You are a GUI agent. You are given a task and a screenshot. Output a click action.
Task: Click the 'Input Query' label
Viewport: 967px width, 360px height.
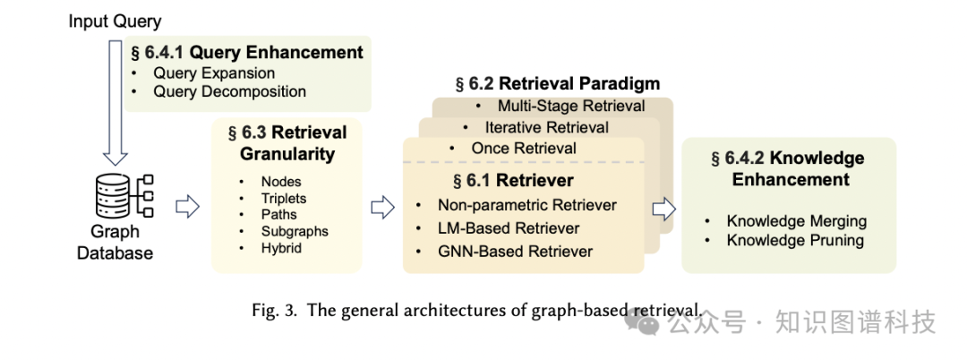pyautogui.click(x=116, y=20)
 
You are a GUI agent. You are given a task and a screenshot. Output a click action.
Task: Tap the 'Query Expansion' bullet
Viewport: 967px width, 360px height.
pyautogui.click(x=214, y=73)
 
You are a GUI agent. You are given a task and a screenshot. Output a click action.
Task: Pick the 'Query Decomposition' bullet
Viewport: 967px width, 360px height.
pyautogui.click(x=229, y=91)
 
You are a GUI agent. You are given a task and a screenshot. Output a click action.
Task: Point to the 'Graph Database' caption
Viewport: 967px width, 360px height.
pyautogui.click(x=115, y=242)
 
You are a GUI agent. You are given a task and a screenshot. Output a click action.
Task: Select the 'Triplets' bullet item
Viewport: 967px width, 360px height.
pyautogui.click(x=284, y=198)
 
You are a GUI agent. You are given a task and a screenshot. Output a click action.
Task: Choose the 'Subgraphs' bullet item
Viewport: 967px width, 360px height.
pyautogui.click(x=295, y=231)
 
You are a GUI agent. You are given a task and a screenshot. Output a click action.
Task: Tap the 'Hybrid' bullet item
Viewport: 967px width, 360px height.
pyautogui.click(x=281, y=247)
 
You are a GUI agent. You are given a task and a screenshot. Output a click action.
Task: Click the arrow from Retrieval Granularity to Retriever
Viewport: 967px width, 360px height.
pyautogui.click(x=382, y=208)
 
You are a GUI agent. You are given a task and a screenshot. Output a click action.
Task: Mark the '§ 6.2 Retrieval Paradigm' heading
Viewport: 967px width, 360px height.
pyautogui.click(x=558, y=84)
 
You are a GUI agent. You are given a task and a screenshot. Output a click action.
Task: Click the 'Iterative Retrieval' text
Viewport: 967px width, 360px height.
pyautogui.click(x=546, y=127)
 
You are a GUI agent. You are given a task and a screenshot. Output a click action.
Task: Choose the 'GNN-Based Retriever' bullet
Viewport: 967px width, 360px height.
pyautogui.click(x=515, y=252)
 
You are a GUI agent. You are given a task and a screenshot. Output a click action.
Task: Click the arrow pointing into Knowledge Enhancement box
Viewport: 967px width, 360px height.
pyautogui.click(x=664, y=209)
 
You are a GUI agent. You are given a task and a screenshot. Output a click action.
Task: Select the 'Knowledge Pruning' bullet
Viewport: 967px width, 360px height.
pyautogui.click(x=795, y=240)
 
